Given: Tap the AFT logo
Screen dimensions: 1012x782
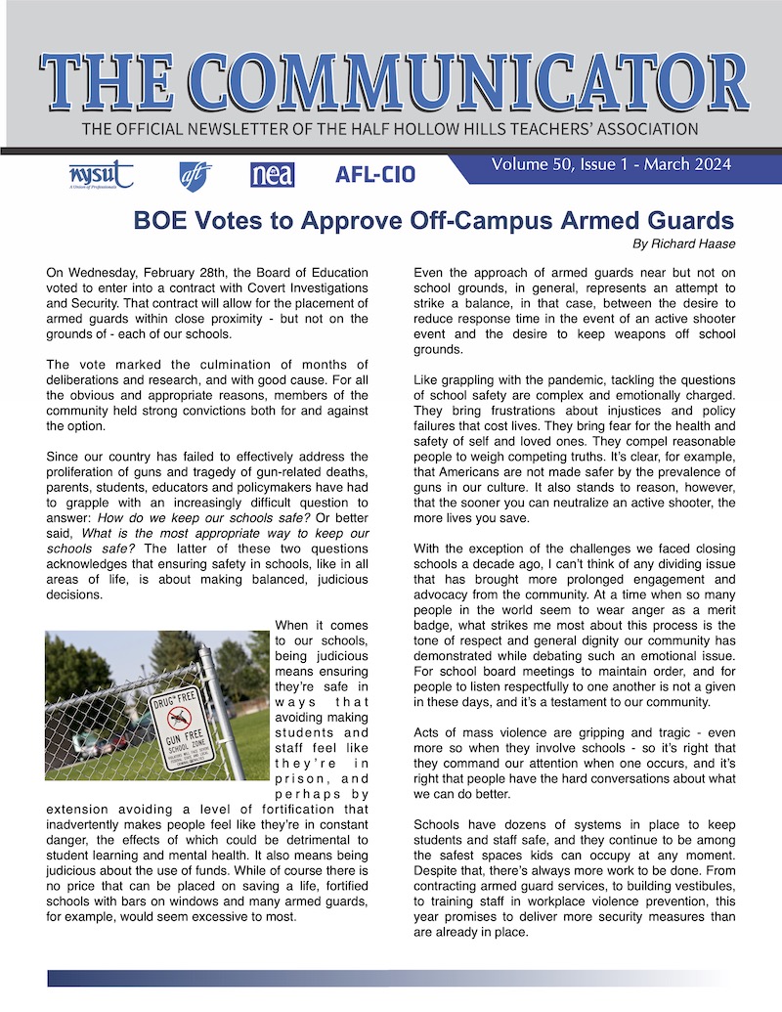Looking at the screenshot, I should coord(195,175).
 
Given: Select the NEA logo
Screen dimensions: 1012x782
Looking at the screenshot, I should coord(272,175).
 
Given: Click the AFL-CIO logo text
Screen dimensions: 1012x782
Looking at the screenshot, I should coord(374,175).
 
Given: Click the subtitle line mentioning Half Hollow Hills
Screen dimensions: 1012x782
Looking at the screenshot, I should coord(390,129).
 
